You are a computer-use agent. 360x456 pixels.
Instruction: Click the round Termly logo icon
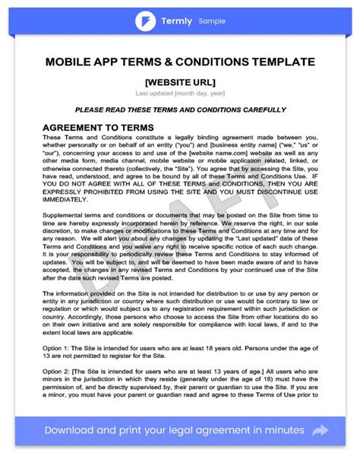(x=146, y=21)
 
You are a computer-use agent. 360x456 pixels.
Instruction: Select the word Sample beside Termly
(x=212, y=21)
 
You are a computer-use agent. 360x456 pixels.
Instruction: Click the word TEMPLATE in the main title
(x=270, y=60)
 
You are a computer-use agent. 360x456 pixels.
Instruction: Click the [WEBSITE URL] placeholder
(x=180, y=81)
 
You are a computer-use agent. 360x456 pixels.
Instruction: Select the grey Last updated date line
(x=180, y=93)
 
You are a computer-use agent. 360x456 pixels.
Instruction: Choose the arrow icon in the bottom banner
(x=321, y=431)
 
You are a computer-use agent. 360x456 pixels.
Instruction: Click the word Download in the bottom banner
(x=74, y=431)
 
